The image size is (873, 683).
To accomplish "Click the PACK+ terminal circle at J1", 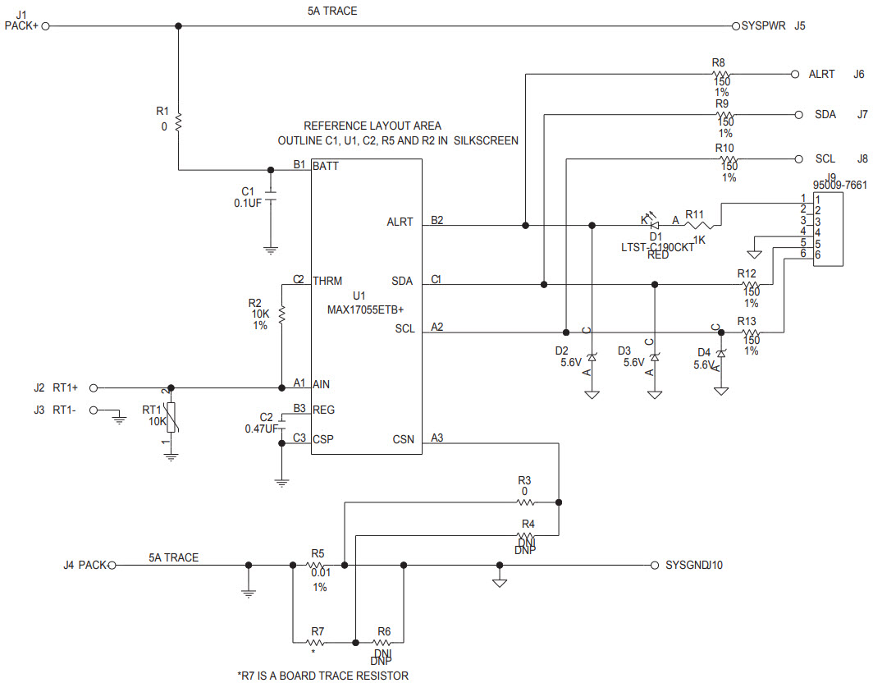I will click(x=46, y=26).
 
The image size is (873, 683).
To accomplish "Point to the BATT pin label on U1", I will click(x=326, y=166).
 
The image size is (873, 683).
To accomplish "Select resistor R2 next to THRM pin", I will click(x=281, y=314).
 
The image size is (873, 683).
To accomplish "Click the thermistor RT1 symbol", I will click(x=171, y=418).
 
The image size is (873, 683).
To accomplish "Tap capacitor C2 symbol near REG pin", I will click(x=281, y=424).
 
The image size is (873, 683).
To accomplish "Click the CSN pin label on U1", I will click(x=403, y=440).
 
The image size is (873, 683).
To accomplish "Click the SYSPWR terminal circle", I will click(x=735, y=26).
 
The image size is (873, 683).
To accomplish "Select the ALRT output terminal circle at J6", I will click(x=794, y=74).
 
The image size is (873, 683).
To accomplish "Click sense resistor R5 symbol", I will click(x=318, y=565).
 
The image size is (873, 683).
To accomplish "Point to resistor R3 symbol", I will click(x=525, y=502).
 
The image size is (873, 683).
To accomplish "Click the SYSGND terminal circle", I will click(x=655, y=565).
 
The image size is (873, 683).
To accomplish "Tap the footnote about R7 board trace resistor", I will click(x=322, y=676).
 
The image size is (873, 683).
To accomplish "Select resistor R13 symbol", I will click(x=750, y=332).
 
